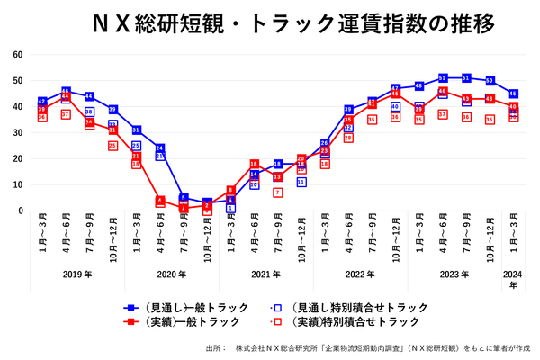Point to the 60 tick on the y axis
[x=18, y=54]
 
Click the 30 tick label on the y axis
[x=18, y=132]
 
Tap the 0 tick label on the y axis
[x=21, y=211]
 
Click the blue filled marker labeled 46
[x=66, y=92]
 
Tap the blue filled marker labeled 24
[x=160, y=148]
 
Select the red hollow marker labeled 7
[x=278, y=193]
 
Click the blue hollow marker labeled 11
[x=301, y=182]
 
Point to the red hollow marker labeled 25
[x=112, y=145]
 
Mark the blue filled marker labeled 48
[x=419, y=86]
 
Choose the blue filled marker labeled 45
[x=513, y=94]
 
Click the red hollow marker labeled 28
[x=348, y=138]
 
